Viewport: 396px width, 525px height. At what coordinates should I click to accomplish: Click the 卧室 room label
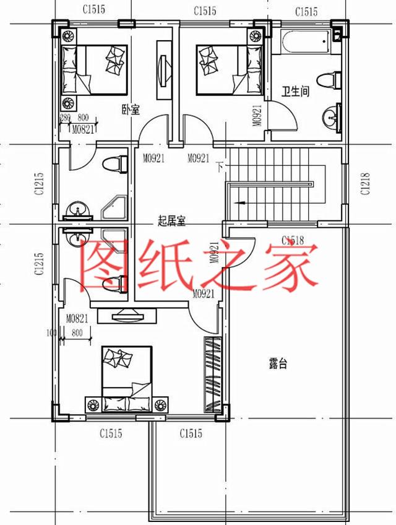tap(131, 110)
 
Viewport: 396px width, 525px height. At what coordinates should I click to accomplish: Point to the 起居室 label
tap(172, 220)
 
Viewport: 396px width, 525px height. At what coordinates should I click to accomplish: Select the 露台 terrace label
tap(278, 364)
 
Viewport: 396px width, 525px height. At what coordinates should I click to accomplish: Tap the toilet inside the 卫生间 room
tap(329, 80)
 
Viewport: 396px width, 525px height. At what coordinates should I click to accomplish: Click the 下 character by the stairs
tap(220, 166)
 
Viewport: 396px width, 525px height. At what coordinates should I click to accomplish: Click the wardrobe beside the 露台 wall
tap(212, 375)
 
